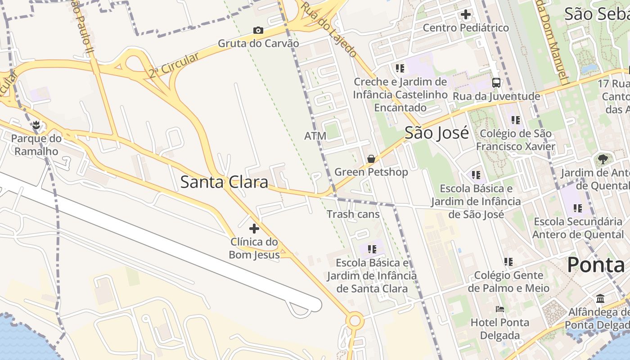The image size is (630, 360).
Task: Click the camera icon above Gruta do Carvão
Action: (x=258, y=31)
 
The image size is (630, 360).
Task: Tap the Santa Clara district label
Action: (x=224, y=182)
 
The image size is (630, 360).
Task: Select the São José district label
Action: (x=436, y=133)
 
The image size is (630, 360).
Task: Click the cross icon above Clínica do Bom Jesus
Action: (x=254, y=229)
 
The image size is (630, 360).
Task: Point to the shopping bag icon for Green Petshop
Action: (x=371, y=159)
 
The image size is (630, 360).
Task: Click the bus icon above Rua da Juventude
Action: (x=496, y=83)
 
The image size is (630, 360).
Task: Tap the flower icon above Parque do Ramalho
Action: (x=36, y=125)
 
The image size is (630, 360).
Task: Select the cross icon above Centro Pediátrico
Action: (x=466, y=14)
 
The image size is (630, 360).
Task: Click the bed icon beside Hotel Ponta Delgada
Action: (x=500, y=309)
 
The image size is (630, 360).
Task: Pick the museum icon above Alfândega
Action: (x=600, y=299)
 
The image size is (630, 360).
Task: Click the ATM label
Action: (x=315, y=136)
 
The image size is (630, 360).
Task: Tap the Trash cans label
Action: (x=353, y=214)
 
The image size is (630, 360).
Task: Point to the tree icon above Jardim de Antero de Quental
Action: (x=603, y=159)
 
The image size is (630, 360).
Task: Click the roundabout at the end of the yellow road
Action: (x=355, y=321)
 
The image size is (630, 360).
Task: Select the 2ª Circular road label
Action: (x=174, y=65)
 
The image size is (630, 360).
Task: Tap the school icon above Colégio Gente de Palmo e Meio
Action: (x=508, y=261)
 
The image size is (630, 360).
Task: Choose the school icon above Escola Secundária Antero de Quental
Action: (x=578, y=208)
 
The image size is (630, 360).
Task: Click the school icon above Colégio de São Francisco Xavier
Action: (x=516, y=120)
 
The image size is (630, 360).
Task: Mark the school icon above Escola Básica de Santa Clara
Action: (x=372, y=249)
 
